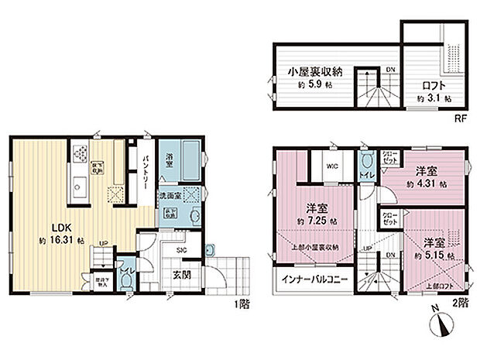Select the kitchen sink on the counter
77,187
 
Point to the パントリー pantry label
146,172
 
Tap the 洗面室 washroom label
171,197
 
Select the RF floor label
459,120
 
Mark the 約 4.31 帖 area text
428,185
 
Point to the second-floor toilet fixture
368,162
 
